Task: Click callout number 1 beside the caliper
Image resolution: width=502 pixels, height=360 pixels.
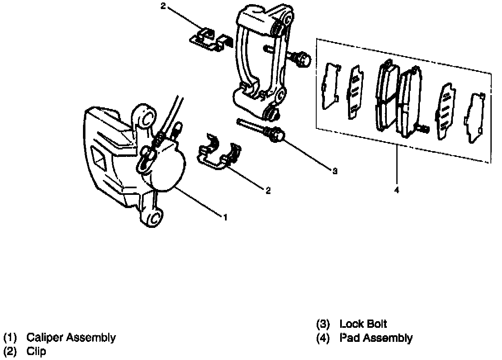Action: pos(225,216)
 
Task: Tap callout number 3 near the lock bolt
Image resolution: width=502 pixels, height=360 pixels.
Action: pos(335,171)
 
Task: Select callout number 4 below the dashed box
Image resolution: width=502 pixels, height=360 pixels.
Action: pos(397,191)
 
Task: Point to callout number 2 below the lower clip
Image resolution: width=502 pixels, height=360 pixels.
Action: pos(268,190)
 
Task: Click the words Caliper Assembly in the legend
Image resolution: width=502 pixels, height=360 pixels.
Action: pos(71,338)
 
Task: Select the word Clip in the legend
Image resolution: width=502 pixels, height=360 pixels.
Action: pos(36,352)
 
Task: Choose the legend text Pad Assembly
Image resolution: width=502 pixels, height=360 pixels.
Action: pos(376,338)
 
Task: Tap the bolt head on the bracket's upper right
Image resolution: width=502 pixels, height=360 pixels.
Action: pos(303,60)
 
